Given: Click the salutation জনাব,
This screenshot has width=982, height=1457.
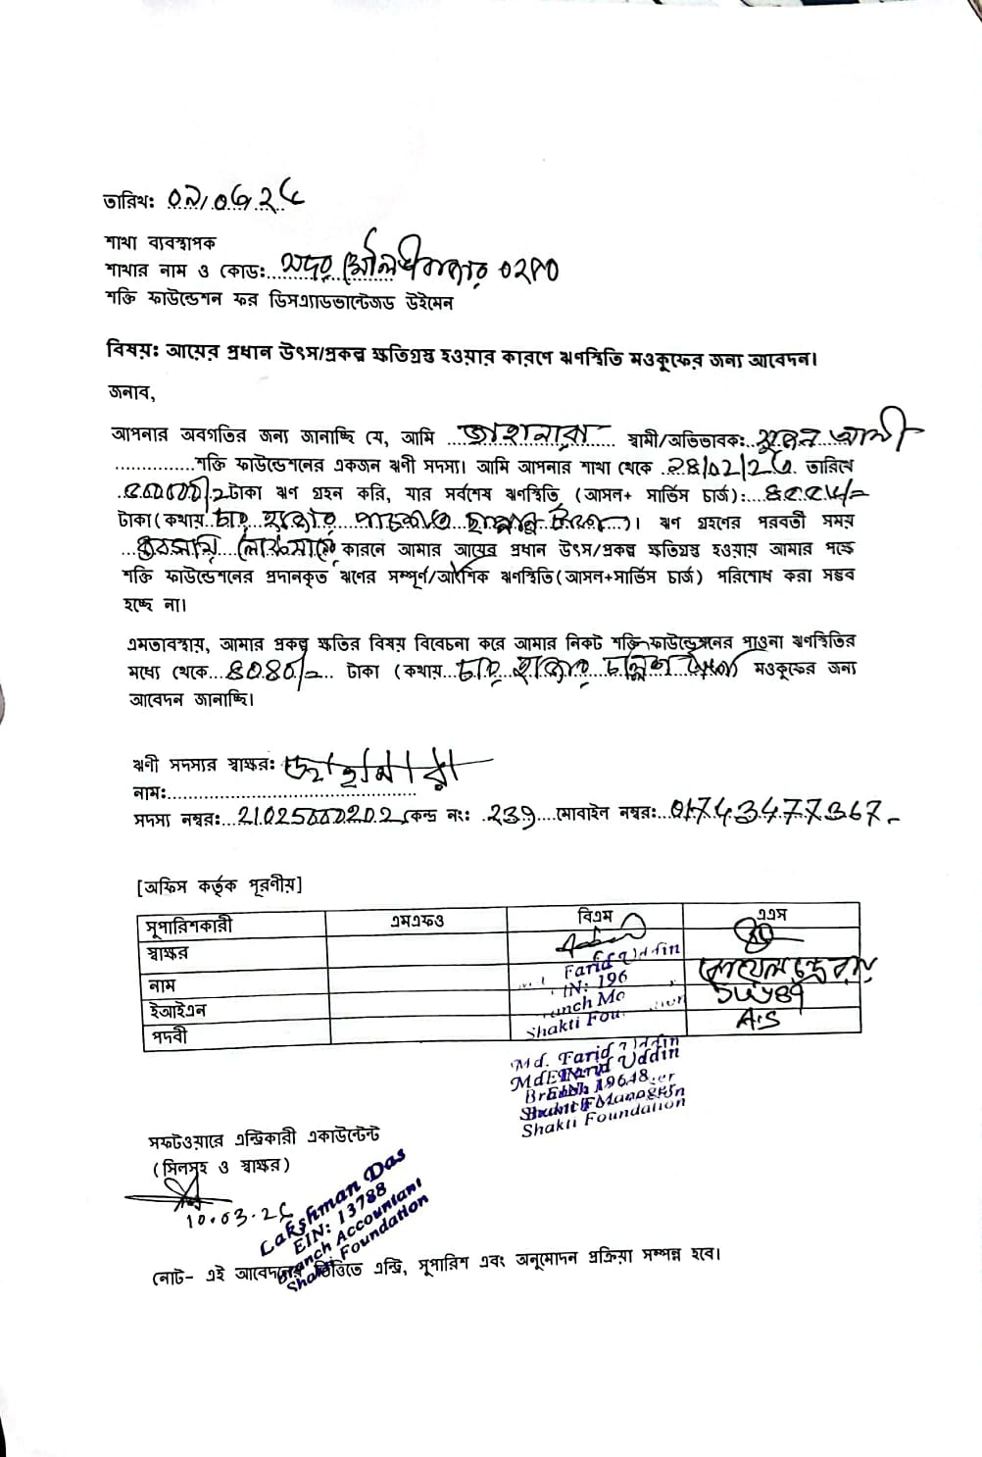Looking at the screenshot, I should tap(132, 393).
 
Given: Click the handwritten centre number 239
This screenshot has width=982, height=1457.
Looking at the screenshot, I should tap(511, 813).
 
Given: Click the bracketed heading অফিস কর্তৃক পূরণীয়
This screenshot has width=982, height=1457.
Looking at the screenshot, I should tap(220, 886).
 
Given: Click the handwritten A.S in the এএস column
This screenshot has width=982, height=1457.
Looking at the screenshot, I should tap(757, 1021).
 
